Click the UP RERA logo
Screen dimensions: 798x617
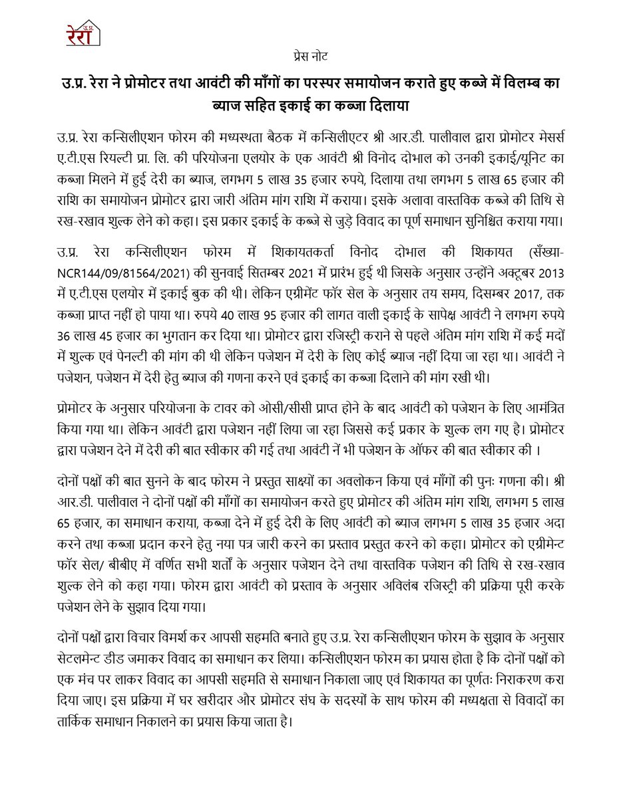point(83,33)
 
